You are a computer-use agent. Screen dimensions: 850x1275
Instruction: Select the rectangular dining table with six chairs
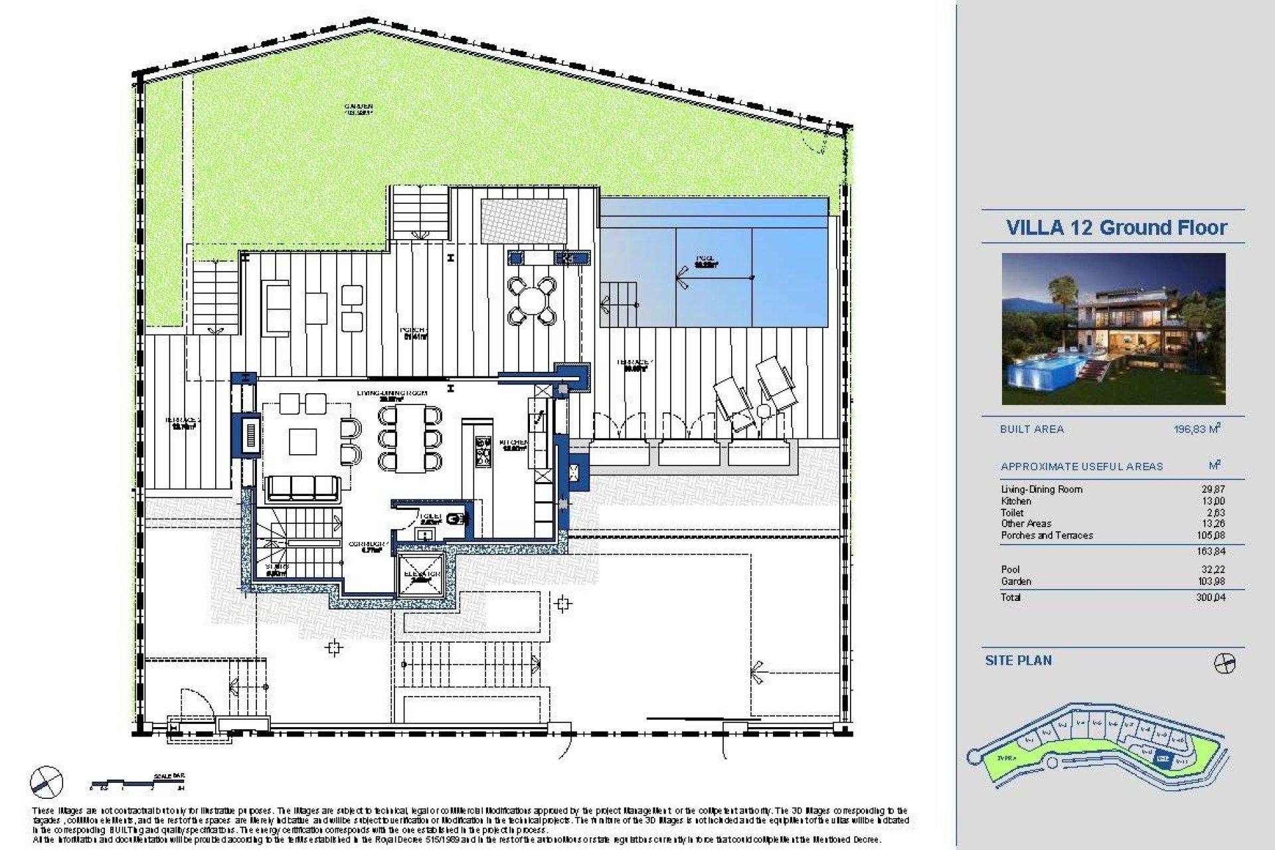coord(410,439)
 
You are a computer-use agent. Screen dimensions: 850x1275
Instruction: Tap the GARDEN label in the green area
coord(359,108)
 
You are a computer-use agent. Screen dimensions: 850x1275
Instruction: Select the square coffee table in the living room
coord(302,440)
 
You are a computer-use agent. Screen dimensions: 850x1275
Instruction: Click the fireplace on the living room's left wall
coord(250,435)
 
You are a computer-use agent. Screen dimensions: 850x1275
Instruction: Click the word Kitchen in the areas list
coord(1016,501)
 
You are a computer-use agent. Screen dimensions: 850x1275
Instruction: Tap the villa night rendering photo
coord(1113,329)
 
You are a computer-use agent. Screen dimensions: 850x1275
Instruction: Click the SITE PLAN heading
coord(1018,661)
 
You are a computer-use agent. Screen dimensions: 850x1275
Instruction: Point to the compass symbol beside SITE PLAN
coord(1224,663)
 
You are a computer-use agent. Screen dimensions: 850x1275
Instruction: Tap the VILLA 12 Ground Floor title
coord(1116,228)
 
